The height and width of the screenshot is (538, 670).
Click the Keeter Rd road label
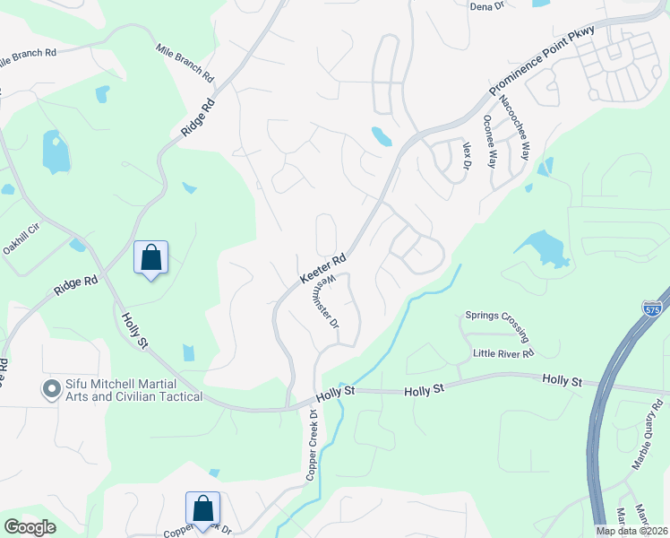(322, 269)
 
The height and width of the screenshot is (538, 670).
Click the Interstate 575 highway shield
(652, 308)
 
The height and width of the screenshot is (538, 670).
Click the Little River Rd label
(503, 353)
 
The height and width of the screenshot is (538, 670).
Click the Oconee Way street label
(490, 142)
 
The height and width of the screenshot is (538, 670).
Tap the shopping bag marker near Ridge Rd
(150, 258)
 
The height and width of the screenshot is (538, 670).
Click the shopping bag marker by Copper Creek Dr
(203, 508)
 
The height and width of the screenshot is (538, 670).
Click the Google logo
(30, 527)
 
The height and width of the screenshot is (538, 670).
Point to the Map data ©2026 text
(631, 531)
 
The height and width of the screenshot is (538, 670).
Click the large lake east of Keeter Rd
(541, 247)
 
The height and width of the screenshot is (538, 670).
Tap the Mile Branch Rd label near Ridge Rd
(185, 62)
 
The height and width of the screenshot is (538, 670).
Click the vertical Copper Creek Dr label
(313, 446)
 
